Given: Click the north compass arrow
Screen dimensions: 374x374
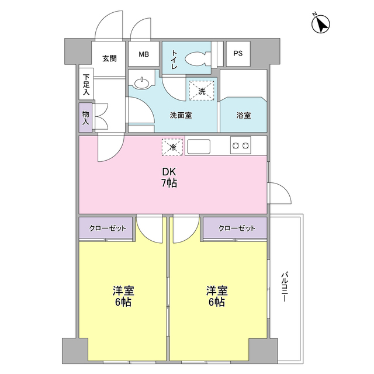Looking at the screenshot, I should [x=321, y=25].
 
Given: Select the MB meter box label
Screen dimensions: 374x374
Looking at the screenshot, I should [x=144, y=54].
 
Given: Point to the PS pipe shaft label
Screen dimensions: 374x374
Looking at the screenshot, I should [x=238, y=54].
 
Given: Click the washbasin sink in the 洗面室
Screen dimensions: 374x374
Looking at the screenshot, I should [x=141, y=83].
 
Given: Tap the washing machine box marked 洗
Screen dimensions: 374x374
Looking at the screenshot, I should [x=202, y=91].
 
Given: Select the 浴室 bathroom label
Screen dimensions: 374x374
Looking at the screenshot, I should [x=243, y=115].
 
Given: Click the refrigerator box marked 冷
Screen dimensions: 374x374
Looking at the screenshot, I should [x=172, y=147].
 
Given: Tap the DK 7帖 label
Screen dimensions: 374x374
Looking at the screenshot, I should [x=169, y=178].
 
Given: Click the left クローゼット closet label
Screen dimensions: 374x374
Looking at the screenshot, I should [x=108, y=227].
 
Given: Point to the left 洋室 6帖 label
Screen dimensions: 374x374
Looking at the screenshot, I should [x=123, y=296].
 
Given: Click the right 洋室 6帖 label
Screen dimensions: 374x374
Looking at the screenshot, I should [x=216, y=296].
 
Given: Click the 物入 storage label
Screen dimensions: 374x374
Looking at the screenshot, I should [x=86, y=117].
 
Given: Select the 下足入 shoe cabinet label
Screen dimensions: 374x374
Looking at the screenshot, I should [x=86, y=84].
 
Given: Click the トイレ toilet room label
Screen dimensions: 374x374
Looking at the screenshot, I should [x=174, y=60].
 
